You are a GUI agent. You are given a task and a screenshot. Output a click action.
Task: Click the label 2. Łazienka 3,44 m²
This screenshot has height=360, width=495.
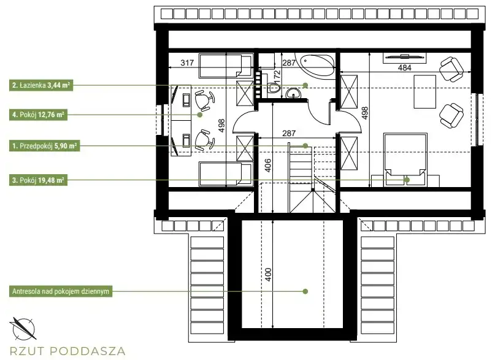(x=41, y=85)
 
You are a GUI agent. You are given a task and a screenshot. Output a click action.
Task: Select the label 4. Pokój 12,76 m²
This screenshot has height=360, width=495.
(x=38, y=115)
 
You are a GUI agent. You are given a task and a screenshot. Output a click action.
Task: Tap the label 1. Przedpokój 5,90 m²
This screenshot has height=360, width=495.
(x=45, y=146)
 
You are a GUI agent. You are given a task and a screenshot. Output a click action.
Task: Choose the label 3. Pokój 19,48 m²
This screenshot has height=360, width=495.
(x=38, y=180)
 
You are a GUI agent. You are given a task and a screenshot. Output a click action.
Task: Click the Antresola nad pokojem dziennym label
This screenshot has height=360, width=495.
(x=61, y=291)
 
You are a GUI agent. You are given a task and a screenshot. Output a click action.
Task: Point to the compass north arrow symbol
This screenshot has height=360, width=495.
(x=22, y=329)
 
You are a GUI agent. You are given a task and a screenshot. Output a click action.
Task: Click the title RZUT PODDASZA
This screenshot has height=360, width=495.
(x=67, y=351)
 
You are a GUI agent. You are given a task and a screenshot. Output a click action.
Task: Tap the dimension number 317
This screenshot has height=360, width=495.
(x=187, y=63)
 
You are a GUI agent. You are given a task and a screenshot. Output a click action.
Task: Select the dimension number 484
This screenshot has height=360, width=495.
(x=405, y=67)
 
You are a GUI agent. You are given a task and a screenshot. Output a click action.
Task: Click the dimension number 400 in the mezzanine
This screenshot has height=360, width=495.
(x=267, y=275)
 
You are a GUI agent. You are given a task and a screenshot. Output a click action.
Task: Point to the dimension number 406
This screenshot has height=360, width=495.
(x=267, y=166)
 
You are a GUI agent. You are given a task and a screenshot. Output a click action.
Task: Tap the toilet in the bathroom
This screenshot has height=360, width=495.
(x=274, y=88)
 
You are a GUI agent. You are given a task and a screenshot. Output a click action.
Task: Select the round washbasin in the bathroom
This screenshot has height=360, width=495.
(x=294, y=93)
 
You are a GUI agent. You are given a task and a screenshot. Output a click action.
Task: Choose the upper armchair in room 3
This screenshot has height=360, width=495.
(x=451, y=69)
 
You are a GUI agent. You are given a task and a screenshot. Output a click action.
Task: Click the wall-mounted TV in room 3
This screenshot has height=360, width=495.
(x=404, y=57)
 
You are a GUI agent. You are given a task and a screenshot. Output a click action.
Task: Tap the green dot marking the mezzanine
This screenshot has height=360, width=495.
(x=305, y=291)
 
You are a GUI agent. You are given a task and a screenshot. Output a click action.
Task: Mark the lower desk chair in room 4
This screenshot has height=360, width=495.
(x=204, y=139)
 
